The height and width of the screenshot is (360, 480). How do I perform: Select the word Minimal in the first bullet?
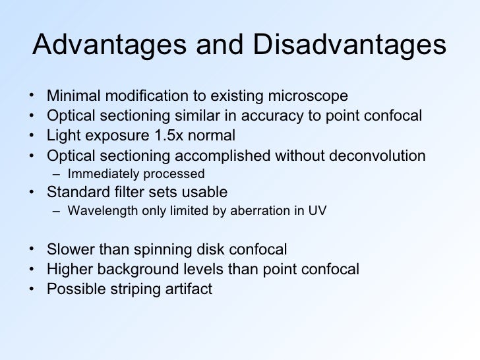(x=72, y=97)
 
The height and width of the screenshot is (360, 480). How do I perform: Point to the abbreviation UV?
(x=318, y=212)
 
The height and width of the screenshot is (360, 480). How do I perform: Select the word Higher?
(x=68, y=269)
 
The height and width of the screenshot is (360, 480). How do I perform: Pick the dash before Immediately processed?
(x=57, y=174)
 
